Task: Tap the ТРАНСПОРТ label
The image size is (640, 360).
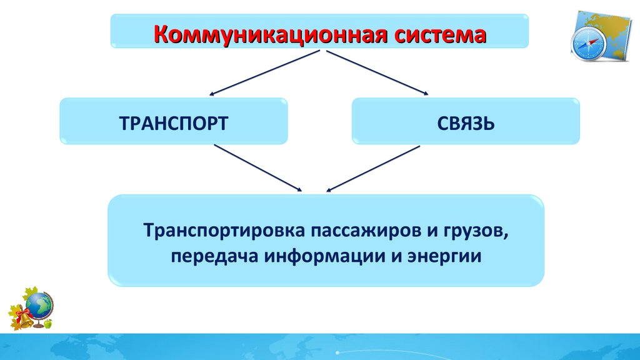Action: (173, 122)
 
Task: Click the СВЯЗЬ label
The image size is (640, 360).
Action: (466, 122)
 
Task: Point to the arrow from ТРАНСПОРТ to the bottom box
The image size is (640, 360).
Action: (257, 167)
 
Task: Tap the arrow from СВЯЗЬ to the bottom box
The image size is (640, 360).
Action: (374, 167)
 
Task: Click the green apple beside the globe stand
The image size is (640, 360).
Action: (48, 324)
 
